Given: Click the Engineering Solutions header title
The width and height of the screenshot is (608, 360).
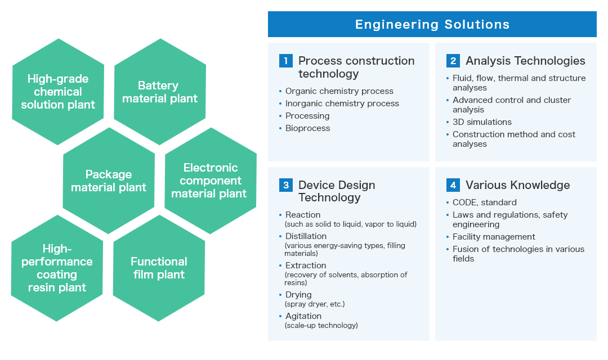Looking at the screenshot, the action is coord(432,24).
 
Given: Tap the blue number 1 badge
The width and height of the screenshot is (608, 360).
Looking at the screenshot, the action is coord(286,61).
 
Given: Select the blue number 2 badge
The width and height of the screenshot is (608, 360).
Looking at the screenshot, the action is coord(453,61).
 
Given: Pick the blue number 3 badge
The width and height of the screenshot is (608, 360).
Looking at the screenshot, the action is coord(286,185).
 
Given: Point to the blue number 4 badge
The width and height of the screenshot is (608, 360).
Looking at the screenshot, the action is coord(453,185).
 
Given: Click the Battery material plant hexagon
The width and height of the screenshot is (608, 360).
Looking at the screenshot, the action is coord(160,92).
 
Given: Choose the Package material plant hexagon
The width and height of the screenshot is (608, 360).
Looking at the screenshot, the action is coord(109,181).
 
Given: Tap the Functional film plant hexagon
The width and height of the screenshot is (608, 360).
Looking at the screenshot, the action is coord(159,268).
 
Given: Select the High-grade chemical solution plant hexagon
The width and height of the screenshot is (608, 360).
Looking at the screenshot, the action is coord(58,92).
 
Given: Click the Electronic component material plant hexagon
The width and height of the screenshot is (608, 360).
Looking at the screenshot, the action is coord(211,181).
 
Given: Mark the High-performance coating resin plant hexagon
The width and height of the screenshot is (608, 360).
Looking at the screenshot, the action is coord(57,268).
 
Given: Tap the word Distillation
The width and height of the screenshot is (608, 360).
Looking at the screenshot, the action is coord(306,236).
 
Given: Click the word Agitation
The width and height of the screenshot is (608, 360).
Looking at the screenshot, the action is coord(303,316).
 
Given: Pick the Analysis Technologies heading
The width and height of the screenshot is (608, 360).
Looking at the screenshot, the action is coord(525,61).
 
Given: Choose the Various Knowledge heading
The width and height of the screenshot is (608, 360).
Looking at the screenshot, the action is coord(518,185).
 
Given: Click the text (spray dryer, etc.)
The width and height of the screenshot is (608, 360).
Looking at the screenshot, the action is coord(315,304).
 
